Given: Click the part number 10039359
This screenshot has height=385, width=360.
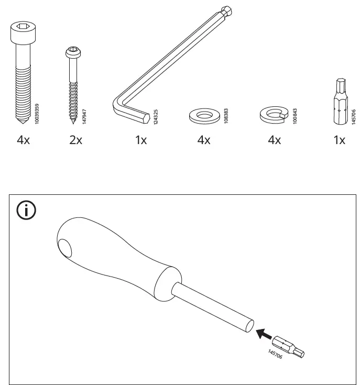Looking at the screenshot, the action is click(37, 114).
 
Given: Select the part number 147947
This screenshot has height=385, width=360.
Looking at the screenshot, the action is click(84, 116).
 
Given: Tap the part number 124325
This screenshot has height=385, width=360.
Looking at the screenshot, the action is click(156, 117).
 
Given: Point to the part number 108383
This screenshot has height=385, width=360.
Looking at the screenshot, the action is click(226, 116).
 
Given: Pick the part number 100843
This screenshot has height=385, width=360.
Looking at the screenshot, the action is click(295, 116).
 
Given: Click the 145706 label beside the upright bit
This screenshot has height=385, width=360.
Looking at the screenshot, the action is click(354, 117).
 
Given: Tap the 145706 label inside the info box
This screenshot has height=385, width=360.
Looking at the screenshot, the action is click(275, 354).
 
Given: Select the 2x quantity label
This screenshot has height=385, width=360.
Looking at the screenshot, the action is click(75, 140).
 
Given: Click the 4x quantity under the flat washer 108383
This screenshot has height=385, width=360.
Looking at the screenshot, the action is click(204, 140).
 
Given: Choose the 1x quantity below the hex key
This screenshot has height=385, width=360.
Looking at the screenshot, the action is click(141, 140).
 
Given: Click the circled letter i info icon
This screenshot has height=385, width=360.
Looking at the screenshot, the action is click(26, 210).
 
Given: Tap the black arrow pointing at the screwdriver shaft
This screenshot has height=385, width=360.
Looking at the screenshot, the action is click(264, 334).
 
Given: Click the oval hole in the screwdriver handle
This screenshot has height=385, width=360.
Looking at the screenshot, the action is click(65, 248).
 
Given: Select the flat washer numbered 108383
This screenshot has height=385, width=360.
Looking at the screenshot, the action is click(204, 116).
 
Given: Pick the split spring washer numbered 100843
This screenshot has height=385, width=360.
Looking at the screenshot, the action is click(274, 114).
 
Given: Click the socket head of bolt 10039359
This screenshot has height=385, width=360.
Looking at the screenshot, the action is click(23, 32).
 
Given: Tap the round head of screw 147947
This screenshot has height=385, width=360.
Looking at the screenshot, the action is click(73, 52).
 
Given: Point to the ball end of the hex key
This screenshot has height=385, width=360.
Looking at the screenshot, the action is click(227, 11).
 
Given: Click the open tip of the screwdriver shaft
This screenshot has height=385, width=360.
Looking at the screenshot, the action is click(250, 326).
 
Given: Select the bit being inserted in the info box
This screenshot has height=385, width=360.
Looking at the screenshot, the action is click(288, 346).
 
